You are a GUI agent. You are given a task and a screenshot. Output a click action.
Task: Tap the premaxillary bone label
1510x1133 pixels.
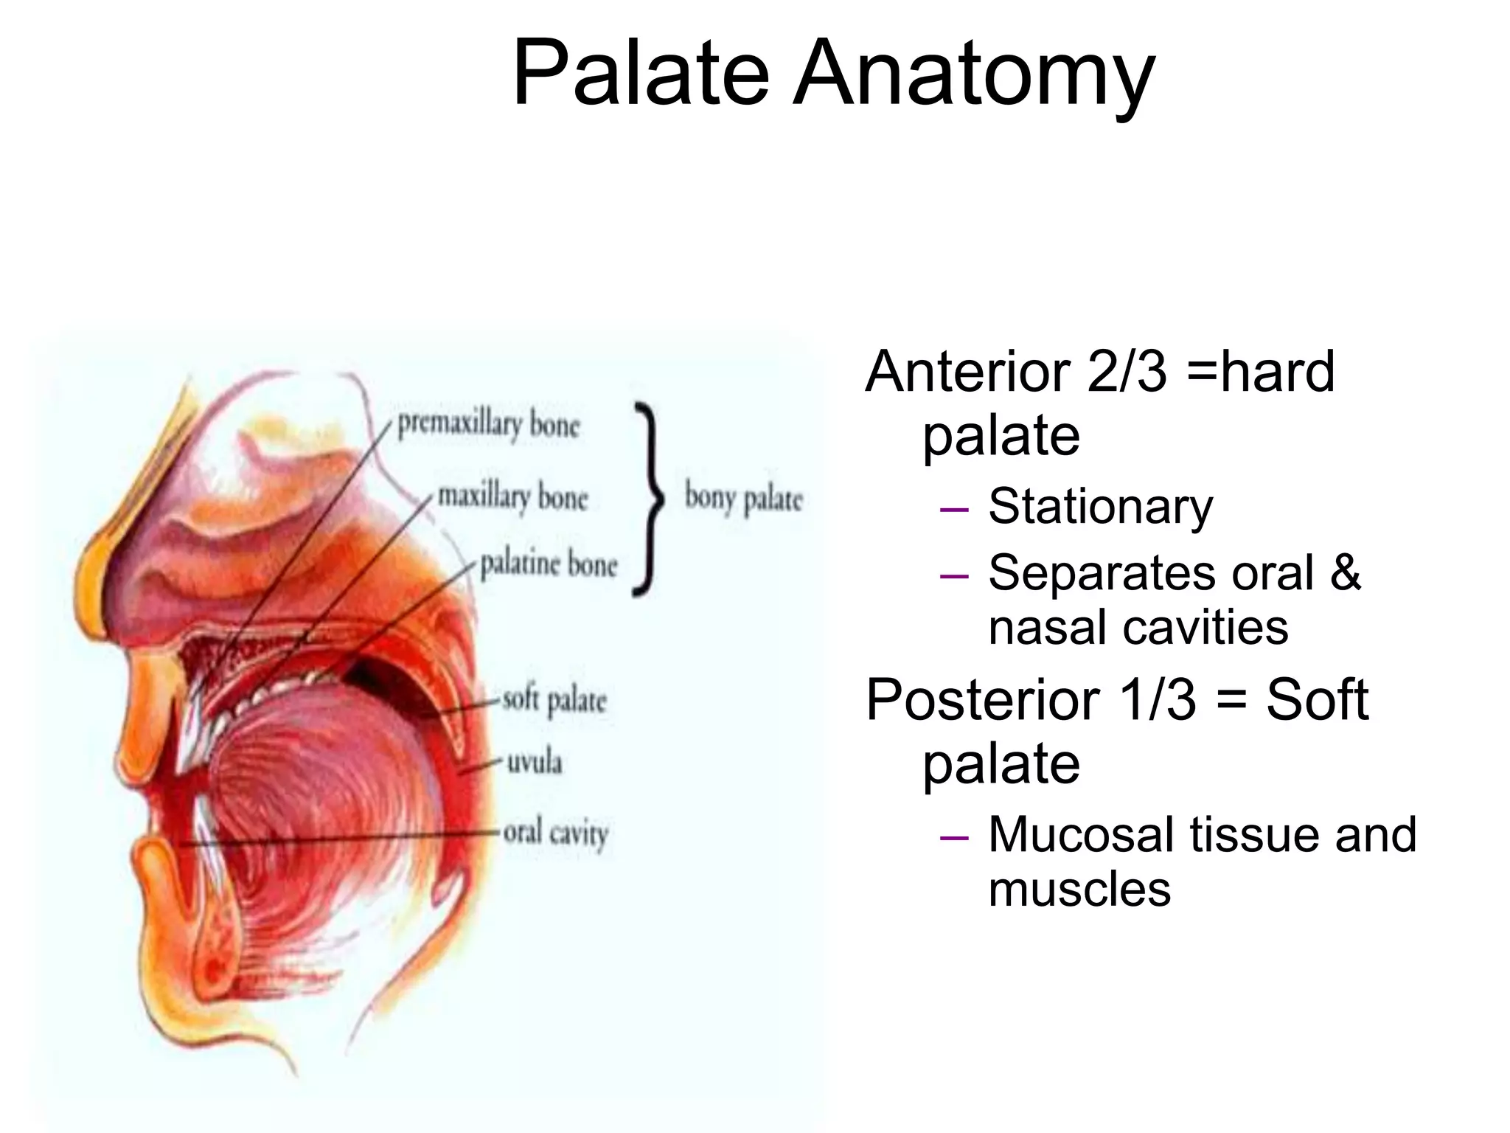(489, 425)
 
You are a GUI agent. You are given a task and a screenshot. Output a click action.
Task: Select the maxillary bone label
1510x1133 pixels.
(512, 496)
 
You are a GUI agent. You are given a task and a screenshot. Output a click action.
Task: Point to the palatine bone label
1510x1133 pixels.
(549, 564)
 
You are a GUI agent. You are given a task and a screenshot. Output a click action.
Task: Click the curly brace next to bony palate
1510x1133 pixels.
(648, 499)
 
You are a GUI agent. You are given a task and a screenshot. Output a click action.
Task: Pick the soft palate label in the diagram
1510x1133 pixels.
(554, 700)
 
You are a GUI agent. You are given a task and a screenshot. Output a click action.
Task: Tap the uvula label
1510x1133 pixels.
(534, 761)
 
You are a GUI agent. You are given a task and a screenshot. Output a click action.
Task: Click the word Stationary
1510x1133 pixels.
(1100, 507)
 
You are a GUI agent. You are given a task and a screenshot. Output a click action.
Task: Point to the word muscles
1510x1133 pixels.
(1079, 889)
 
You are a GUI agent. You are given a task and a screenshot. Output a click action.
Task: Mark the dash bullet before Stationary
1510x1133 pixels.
(954, 508)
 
